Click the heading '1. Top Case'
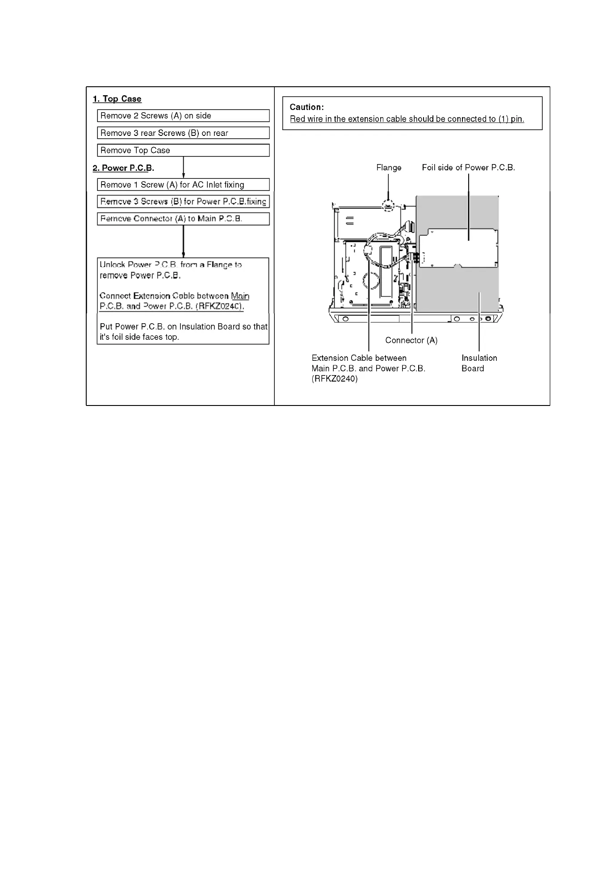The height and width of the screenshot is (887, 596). [x=117, y=99]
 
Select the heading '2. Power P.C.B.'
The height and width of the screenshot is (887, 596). [x=123, y=168]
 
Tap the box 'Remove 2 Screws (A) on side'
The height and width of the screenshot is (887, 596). [x=183, y=116]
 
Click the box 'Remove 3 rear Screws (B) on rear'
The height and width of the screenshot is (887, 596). [x=183, y=133]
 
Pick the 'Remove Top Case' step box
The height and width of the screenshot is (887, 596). [x=183, y=151]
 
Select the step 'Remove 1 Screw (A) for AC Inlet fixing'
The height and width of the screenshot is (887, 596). [x=183, y=185]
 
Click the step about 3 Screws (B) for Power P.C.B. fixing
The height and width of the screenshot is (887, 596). [x=183, y=202]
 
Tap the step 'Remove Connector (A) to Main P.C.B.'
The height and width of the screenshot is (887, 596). [x=183, y=219]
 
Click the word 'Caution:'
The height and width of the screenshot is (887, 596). [x=306, y=107]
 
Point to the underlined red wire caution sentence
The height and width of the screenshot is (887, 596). [x=407, y=119]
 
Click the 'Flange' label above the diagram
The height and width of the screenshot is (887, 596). [x=389, y=168]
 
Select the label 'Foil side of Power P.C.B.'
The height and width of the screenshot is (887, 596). [x=468, y=168]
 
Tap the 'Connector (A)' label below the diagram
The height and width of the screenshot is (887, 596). [x=411, y=341]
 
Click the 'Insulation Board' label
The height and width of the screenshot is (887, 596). [x=479, y=363]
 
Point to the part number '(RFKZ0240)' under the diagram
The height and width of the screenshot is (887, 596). [x=335, y=379]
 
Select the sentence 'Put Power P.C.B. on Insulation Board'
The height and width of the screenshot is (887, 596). [x=183, y=327]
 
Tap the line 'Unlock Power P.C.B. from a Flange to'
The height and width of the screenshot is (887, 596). [x=171, y=265]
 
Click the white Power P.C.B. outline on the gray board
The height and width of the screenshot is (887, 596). [x=458, y=248]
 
